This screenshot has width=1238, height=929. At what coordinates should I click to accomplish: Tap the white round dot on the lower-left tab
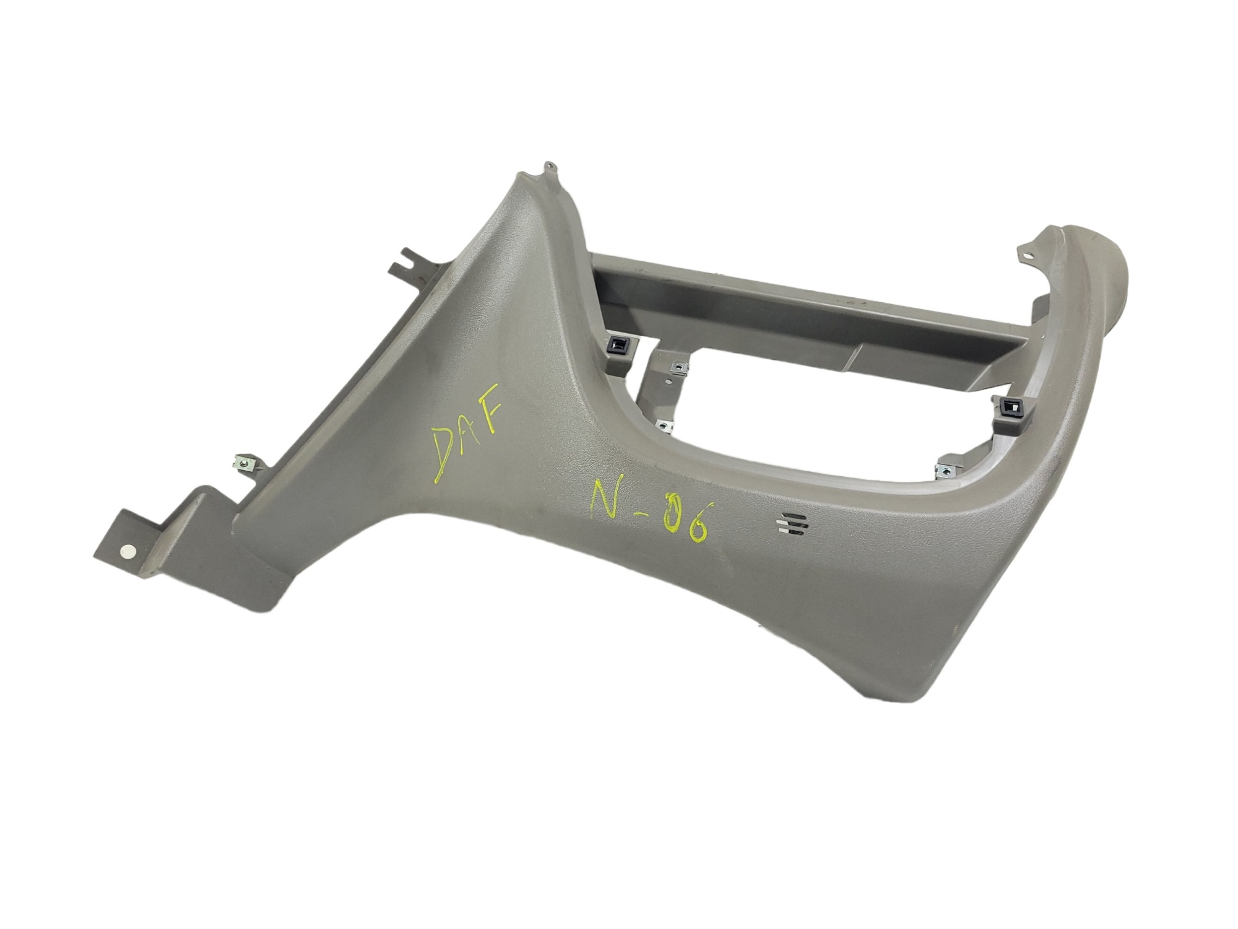128,551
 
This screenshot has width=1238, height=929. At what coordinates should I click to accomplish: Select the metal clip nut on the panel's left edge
241,461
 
